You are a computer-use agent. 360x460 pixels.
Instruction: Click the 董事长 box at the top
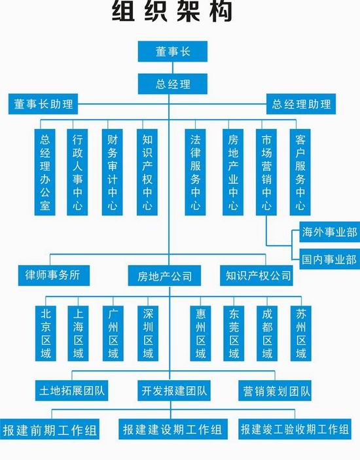tap(173, 52)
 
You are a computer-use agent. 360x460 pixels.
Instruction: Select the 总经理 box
tap(173, 84)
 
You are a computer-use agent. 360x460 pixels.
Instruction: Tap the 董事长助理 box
tap(43, 104)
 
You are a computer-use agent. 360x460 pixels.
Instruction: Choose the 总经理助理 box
tap(301, 104)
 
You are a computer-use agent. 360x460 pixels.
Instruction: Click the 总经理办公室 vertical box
tap(45, 173)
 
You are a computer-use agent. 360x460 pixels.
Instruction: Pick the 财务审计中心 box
tap(113, 173)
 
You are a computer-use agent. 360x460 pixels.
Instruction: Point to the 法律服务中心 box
tap(196, 173)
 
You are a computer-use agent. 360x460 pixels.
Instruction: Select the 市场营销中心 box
tap(266, 173)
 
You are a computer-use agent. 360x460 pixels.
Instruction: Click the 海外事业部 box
tap(329, 232)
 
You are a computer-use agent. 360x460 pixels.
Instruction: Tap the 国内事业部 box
tap(329, 259)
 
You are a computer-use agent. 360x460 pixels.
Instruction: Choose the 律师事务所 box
tap(54, 275)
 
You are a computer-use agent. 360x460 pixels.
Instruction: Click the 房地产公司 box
tap(164, 275)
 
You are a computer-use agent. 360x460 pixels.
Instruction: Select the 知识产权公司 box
tap(257, 275)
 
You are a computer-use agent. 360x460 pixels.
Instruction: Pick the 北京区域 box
tap(46, 334)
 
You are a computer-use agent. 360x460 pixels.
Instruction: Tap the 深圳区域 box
tap(148, 334)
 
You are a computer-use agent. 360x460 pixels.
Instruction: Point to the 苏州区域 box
tap(301, 334)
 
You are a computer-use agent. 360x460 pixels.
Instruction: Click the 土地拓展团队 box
tap(71, 391)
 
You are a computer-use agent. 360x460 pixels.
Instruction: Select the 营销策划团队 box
tap(275, 391)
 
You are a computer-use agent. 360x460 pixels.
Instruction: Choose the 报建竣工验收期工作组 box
tap(295, 429)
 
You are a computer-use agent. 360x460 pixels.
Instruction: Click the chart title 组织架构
tap(173, 12)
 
